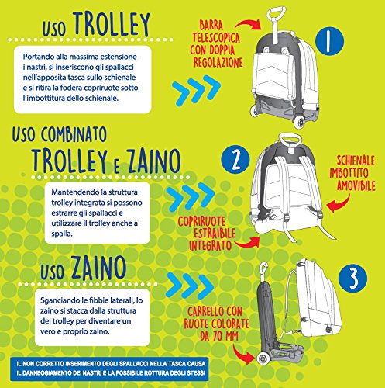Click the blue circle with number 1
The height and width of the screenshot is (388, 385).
tap(329, 41)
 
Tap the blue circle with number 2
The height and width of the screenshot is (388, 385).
tap(235, 161)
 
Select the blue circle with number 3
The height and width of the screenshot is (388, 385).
tap(352, 279)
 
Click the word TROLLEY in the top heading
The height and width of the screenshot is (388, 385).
tap(112, 24)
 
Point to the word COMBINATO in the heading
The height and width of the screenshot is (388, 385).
tap(74, 134)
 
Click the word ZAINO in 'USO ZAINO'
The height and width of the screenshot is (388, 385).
tap(98, 268)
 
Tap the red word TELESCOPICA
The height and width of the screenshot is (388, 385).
tap(216, 38)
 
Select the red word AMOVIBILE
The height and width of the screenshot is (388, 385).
tap(356, 185)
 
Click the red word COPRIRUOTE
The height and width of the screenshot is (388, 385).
tap(201, 221)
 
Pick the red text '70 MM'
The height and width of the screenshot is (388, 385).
tap(225, 336)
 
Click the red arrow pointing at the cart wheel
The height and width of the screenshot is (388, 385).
tap(242, 353)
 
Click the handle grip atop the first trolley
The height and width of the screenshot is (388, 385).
tap(277, 12)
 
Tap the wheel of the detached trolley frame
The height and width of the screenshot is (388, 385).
tap(263, 359)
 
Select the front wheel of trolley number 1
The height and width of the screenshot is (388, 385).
tap(300, 122)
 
